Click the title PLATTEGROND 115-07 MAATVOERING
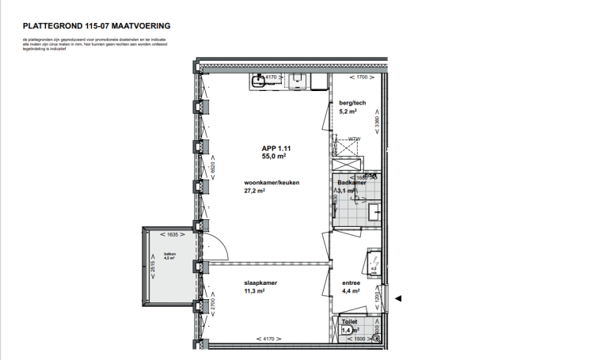(97, 26)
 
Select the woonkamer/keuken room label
(272, 182)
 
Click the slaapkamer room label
(260, 282)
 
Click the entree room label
(351, 282)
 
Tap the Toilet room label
(349, 322)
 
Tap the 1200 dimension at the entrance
(378, 297)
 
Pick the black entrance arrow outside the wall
(399, 298)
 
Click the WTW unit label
(354, 139)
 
